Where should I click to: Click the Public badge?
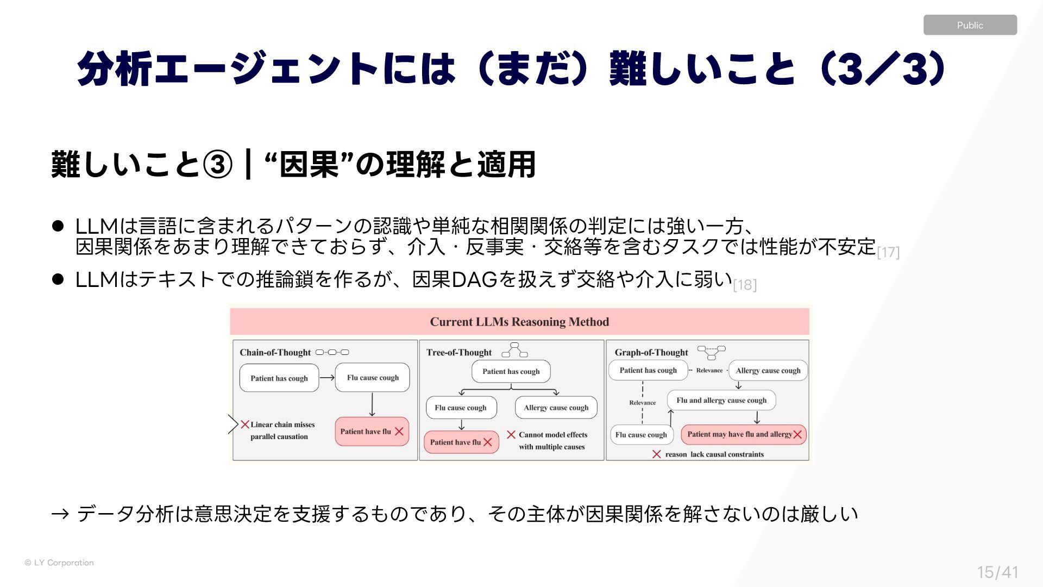(970, 25)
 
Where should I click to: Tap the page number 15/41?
(997, 572)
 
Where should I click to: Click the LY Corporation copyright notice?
(59, 563)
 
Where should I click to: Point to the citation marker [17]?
(888, 252)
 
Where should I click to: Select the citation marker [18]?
(745, 285)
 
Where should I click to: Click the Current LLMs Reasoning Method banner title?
(519, 322)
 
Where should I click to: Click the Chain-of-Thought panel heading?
(275, 352)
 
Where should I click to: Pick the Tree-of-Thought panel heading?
(459, 352)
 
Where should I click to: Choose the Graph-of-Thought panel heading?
(651, 352)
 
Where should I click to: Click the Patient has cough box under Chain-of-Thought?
(279, 378)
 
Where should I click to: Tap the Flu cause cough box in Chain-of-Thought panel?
(373, 378)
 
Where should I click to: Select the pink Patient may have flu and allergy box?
(744, 434)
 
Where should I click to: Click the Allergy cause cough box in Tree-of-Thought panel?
(556, 408)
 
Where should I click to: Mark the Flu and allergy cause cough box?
(721, 401)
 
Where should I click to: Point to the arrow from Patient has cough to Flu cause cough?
(327, 378)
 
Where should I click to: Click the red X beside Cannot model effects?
(511, 435)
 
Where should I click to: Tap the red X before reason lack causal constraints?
(657, 454)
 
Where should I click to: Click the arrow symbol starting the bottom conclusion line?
(60, 514)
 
